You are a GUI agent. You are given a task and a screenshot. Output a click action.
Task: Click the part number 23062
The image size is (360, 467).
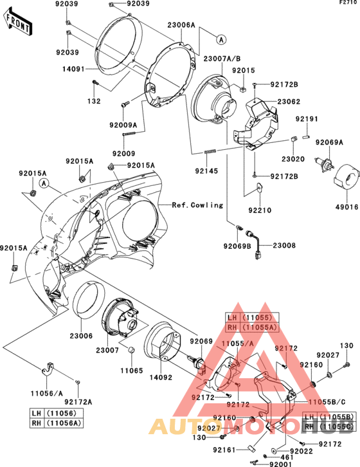(x=289, y=102)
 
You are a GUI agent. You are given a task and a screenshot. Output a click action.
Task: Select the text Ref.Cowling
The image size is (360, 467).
(x=197, y=205)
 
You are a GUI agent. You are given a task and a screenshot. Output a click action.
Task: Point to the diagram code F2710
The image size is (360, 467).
(x=346, y=3)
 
